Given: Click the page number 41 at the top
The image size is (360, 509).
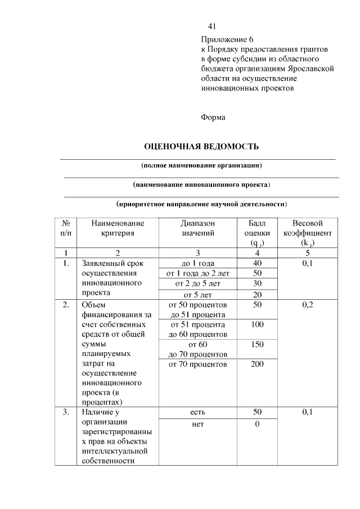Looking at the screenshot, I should tap(212, 26).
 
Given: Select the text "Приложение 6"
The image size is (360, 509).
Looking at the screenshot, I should tap(227, 40).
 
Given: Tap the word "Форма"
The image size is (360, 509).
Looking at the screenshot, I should tap(213, 118).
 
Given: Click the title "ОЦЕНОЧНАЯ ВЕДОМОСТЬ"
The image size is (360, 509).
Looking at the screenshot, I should tap(201, 147).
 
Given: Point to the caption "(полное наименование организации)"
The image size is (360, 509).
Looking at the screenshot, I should tap(201, 166).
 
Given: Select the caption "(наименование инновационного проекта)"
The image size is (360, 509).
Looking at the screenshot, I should tap(201, 184).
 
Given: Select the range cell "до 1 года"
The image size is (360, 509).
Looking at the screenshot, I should tap(198, 263).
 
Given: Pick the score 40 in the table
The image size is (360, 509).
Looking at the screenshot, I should tap(257, 263).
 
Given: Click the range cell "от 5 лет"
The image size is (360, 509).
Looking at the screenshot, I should tap(198, 294).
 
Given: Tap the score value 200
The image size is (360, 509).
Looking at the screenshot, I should tap(257, 364).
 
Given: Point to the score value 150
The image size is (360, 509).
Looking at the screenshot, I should tap(257, 344).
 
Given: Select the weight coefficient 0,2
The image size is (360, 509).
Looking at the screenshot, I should tap(308, 305).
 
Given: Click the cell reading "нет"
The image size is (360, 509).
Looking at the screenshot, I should tap(198, 424).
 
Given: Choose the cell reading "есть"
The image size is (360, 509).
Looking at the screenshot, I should tap(198, 412).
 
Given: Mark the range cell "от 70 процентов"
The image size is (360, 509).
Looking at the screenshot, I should tap(198, 364).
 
